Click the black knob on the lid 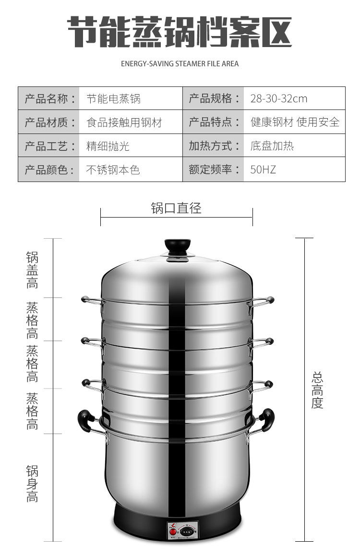coord(178,246)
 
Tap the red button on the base coord(172,532)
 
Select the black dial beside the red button coord(187,531)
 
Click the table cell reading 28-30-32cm coord(278,99)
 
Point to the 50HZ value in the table coord(263,170)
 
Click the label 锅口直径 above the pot coord(176,208)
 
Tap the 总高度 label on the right coord(317,390)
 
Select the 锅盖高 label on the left coord(32,270)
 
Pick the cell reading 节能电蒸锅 coord(113,99)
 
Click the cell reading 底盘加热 coord(272,146)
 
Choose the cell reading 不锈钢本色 coord(113,170)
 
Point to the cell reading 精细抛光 coord(108,146)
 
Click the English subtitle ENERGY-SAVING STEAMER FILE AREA coord(180,63)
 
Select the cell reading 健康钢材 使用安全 coord(294,122)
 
